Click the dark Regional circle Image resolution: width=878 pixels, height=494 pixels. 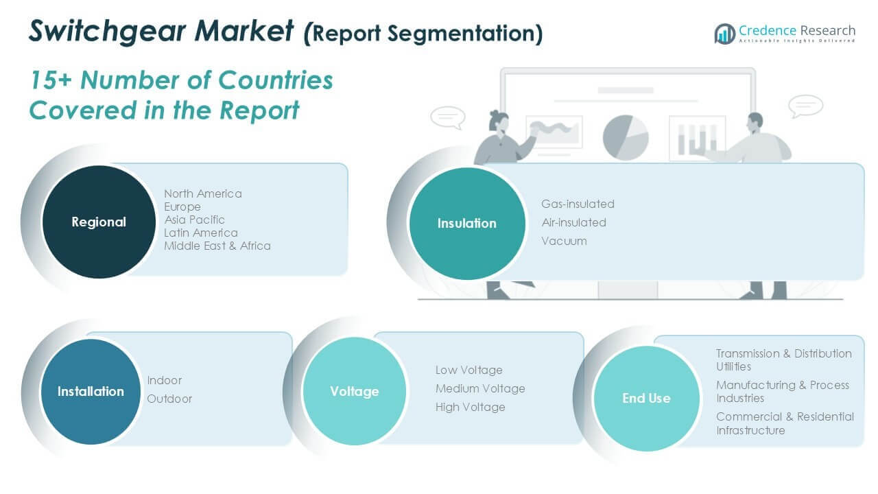pos(99,222)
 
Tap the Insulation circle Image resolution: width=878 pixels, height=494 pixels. pos(467,224)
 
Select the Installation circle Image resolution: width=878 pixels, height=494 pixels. pos(91,392)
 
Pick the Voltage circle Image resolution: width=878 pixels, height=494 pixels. pos(355,391)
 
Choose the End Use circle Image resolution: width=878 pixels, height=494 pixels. pos(647,399)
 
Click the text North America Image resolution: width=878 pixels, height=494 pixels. pos(203,193)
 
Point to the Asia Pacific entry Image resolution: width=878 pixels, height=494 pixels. pos(194,220)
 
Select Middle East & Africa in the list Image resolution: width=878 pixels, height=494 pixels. pos(217,246)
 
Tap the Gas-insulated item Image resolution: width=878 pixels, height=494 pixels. pos(578,204)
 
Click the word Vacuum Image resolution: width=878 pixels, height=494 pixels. pos(564,241)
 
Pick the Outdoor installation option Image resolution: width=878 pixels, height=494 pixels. pos(169,399)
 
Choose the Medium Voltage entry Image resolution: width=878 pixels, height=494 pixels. pos(480,388)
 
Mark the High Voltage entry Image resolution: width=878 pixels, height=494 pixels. pos(471,408)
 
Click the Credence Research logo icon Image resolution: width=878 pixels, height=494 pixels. pos(725,34)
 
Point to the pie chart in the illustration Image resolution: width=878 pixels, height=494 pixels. pos(626,138)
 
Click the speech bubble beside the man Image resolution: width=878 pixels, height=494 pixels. pos(805,106)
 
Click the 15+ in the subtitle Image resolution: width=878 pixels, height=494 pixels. pos(51,80)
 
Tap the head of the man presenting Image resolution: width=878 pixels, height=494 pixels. pos(755,122)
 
